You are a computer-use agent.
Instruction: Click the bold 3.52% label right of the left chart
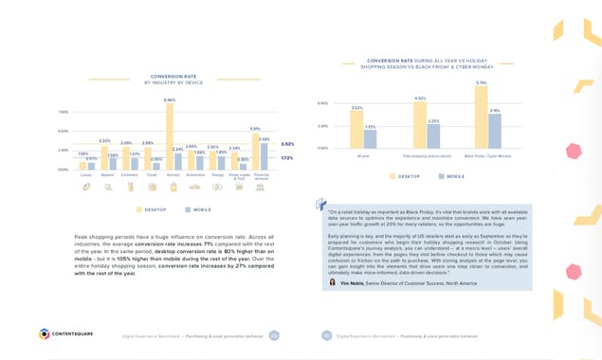click(x=287, y=144)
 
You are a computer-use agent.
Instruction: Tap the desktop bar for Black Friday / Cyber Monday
click(x=481, y=117)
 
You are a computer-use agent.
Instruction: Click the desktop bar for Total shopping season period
click(x=420, y=125)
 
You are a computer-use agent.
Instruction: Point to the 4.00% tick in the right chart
click(x=322, y=103)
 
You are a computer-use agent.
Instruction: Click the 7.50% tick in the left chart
click(x=63, y=112)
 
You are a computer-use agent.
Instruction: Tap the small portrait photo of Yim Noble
click(x=332, y=282)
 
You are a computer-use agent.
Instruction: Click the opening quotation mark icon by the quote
click(x=319, y=203)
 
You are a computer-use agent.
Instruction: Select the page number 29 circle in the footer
click(x=274, y=334)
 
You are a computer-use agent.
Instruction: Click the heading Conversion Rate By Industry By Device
click(x=173, y=80)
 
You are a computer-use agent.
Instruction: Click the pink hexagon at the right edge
click(x=574, y=151)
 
